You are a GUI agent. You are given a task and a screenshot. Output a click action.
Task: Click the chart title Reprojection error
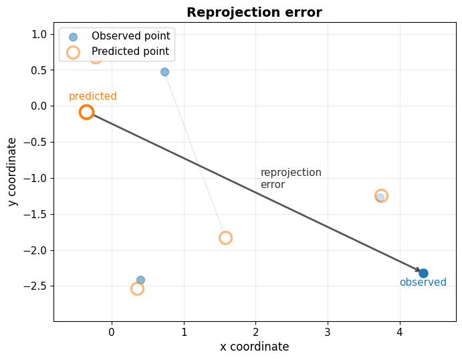click(254, 13)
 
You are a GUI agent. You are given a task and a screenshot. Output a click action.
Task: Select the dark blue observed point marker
click(423, 273)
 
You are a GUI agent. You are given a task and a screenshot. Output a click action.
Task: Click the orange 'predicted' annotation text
click(93, 96)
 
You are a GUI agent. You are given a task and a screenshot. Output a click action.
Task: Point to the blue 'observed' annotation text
click(423, 282)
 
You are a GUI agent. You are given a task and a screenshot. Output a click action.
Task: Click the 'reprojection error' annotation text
click(291, 179)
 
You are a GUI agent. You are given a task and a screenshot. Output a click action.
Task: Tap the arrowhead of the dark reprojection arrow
click(419, 270)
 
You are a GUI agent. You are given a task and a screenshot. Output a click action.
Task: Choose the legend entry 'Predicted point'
click(119, 52)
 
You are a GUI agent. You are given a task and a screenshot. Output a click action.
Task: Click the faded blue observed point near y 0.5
click(164, 72)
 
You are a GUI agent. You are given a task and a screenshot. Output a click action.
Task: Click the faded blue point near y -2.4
click(140, 280)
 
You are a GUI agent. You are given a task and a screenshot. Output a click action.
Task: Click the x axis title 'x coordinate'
click(254, 347)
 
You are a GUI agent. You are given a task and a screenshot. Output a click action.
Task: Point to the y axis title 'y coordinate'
click(12, 172)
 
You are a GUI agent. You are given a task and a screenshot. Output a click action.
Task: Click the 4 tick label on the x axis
click(400, 333)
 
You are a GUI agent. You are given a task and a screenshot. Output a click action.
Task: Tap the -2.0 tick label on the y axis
click(35, 250)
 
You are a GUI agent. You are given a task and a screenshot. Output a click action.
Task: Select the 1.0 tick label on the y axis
click(39, 35)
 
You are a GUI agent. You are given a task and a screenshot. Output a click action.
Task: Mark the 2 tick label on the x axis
click(255, 333)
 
